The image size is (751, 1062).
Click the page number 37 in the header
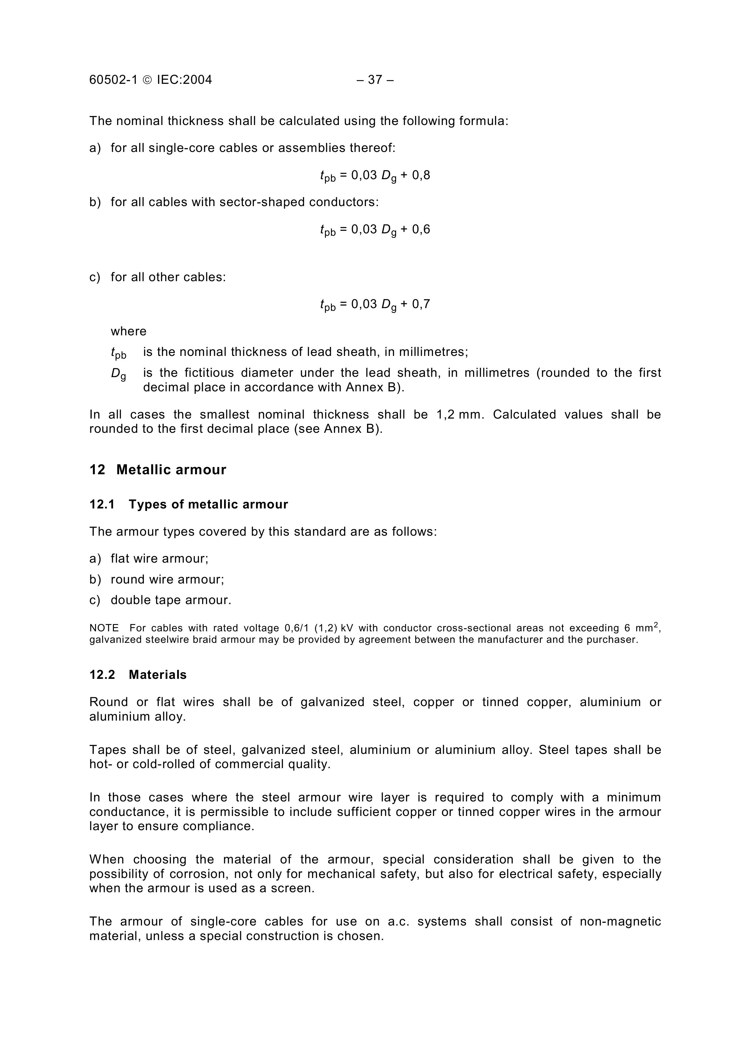coord(375,80)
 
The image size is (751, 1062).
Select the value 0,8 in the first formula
coord(421,175)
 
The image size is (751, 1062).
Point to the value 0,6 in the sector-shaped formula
coord(421,229)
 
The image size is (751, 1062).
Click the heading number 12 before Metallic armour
coord(97,470)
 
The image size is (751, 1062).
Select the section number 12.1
coord(102,505)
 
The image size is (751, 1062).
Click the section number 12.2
coord(102,675)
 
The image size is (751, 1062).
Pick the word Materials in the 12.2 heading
coord(158,675)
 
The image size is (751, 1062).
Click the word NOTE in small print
coord(104,628)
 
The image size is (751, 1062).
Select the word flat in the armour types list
coord(120,559)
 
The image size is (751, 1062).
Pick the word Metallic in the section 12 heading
coord(144,470)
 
